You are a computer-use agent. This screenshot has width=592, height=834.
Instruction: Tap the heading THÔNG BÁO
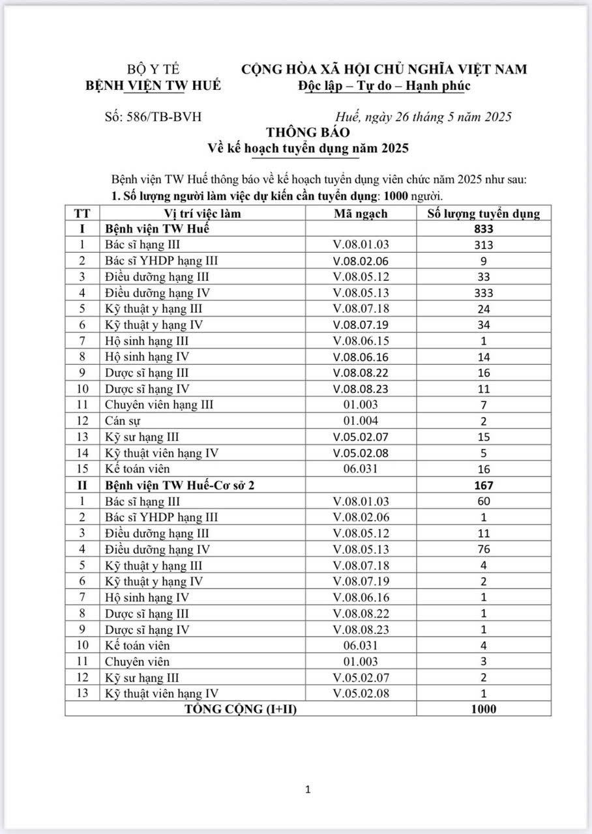(307, 132)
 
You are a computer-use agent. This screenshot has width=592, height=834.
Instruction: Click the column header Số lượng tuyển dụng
(483, 214)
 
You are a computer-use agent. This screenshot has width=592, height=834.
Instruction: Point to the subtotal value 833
(484, 229)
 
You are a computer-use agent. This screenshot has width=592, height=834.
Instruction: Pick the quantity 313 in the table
(484, 245)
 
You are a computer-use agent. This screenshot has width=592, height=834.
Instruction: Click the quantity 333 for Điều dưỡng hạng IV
(484, 293)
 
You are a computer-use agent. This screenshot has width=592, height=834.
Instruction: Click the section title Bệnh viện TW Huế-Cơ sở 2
(181, 485)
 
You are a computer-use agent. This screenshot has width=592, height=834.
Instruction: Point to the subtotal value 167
(484, 485)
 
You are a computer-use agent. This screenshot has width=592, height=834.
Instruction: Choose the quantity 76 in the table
(484, 549)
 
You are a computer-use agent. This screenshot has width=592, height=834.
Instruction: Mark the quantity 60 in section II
(484, 501)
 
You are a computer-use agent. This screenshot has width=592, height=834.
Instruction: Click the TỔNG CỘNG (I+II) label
(241, 709)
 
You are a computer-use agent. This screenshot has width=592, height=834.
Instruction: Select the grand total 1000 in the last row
(484, 709)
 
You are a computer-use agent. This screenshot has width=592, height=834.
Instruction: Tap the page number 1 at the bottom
(308, 790)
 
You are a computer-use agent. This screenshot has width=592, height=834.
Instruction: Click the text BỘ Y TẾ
(153, 70)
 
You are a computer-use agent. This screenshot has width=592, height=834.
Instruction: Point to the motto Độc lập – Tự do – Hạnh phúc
(384, 85)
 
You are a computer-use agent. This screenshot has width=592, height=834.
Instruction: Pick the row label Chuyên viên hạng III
(159, 405)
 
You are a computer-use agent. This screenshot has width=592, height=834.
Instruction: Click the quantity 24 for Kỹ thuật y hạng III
(484, 309)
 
